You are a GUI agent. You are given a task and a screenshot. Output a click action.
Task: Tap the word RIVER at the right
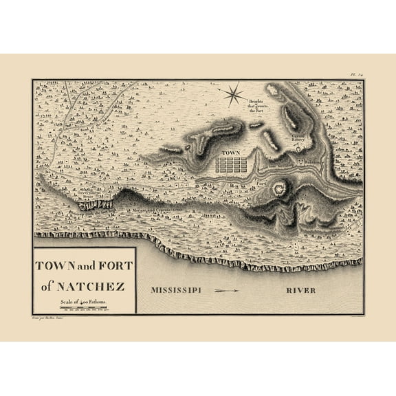[x=302, y=290]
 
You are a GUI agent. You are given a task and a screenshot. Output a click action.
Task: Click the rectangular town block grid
[x=228, y=164]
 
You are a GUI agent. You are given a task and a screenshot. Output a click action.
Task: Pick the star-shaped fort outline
[x=280, y=187]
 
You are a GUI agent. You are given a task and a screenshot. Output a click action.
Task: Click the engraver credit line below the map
[x=55, y=320]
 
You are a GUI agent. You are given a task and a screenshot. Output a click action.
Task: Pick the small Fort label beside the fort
[x=262, y=185]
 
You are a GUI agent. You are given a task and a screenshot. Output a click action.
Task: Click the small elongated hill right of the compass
[x=256, y=126]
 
